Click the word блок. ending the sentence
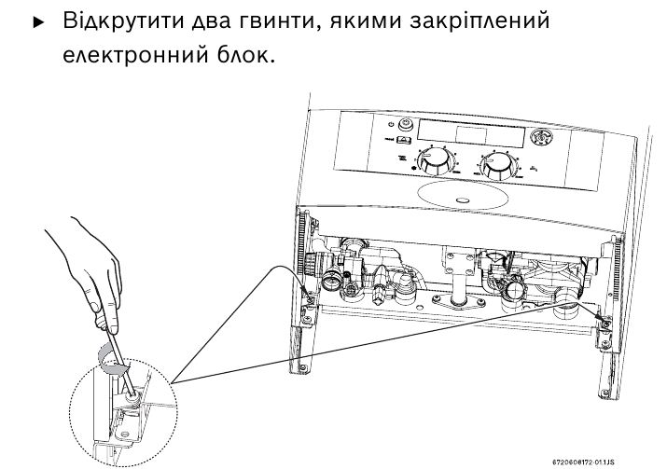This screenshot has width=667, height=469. coord(245,57)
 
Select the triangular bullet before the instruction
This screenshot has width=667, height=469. coord(38,21)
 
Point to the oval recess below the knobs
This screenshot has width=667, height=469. coord(463,199)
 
